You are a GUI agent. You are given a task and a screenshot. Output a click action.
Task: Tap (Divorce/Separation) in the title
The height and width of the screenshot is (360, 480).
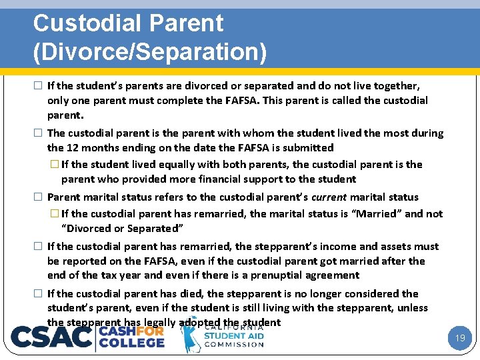tap(150, 52)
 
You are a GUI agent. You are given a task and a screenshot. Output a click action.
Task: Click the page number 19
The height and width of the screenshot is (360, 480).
tap(459, 338)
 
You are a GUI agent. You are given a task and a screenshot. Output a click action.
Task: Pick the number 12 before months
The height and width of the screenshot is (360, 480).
tap(72, 147)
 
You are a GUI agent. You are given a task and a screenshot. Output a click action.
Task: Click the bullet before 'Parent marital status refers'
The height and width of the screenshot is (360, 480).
tap(39, 197)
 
